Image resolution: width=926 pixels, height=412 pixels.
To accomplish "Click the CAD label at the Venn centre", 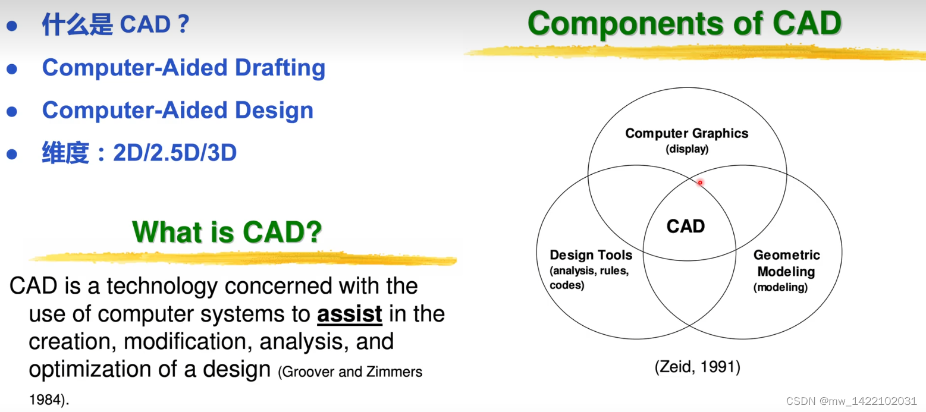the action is (x=685, y=226).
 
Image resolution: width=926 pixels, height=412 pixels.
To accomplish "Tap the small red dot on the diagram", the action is (x=700, y=183).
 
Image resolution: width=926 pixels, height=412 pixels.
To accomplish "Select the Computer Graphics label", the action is (x=687, y=133).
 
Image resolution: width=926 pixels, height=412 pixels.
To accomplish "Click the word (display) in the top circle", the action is (x=687, y=149).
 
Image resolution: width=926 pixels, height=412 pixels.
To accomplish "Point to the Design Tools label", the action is (x=591, y=254).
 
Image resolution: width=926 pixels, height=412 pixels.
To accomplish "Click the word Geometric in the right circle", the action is (x=786, y=254).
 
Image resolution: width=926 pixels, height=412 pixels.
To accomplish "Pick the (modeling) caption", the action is (x=780, y=287).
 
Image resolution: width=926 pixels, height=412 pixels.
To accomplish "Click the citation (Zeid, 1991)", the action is (x=698, y=367).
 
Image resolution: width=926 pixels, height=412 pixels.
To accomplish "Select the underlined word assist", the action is (x=349, y=314).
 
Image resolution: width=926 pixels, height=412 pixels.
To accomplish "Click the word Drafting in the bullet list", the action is (x=280, y=68).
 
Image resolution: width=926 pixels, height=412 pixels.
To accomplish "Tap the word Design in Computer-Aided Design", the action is (x=274, y=111).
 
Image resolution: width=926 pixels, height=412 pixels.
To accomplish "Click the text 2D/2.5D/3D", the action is (x=175, y=152).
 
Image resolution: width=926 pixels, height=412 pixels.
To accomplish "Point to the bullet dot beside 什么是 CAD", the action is (x=12, y=26).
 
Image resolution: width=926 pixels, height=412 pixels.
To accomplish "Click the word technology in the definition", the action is (x=162, y=287).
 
